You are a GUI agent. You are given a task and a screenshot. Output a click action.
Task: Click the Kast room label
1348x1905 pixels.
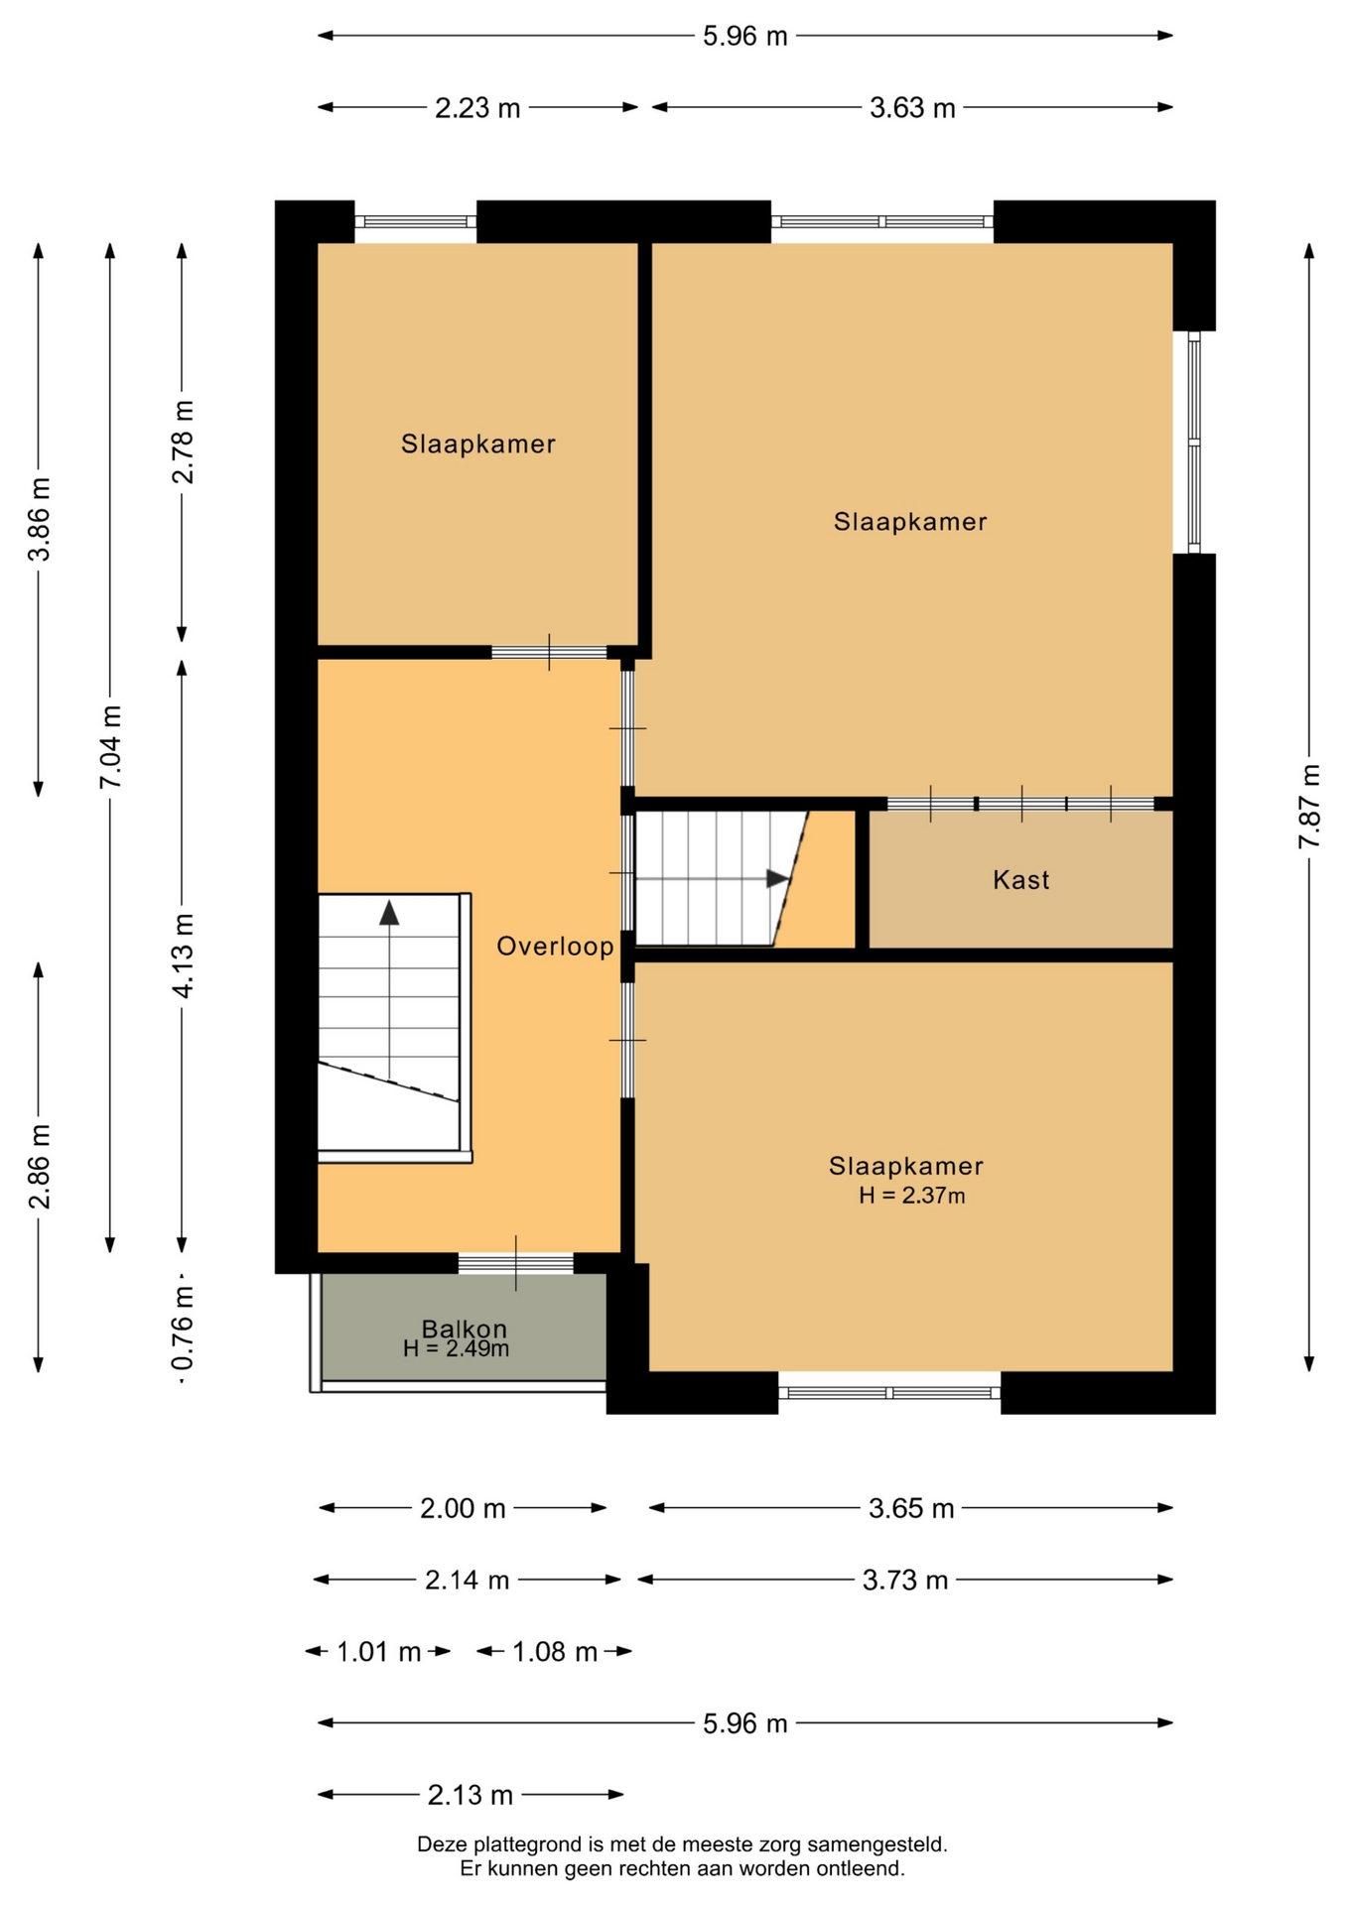1020,879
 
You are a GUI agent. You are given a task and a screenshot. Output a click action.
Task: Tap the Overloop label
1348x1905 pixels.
555,947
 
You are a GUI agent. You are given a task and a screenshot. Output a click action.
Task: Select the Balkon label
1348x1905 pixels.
464,1329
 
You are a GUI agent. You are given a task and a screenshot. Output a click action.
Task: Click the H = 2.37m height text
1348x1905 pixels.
911,1196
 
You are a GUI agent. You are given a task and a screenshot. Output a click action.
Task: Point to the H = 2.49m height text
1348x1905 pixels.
456,1348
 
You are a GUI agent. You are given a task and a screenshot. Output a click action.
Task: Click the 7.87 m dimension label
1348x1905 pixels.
1309,806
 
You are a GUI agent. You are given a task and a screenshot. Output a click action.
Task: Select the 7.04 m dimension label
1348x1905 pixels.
110,747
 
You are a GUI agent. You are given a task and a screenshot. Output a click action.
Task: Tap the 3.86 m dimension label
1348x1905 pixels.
39,519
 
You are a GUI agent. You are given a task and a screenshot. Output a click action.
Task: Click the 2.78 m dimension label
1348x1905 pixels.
183,442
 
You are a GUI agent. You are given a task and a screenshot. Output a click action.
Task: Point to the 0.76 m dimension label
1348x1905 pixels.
183,1328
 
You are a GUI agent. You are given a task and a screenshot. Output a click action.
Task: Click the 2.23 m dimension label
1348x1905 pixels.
477,107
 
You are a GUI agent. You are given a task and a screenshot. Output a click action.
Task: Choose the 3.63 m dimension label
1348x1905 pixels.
912,107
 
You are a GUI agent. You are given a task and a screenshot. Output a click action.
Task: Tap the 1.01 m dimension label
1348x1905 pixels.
379,1652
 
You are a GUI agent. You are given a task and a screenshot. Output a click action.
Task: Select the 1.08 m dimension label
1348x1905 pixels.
555,1652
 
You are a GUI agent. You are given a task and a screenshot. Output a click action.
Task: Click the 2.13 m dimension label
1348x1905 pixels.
471,1795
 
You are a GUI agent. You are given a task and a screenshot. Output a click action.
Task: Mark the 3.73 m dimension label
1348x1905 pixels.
905,1580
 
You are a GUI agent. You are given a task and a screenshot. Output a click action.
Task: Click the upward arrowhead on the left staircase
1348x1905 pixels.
389,913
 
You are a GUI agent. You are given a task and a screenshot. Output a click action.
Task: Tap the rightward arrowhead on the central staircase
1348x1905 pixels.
778,879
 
